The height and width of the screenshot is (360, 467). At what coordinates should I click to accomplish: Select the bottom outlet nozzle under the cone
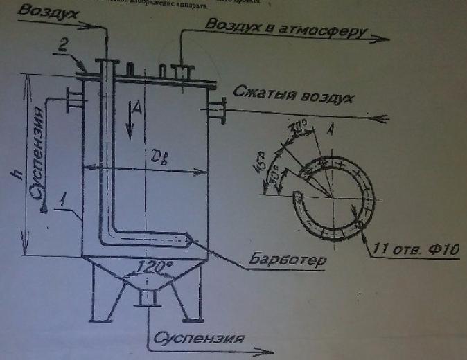tap(146, 297)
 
